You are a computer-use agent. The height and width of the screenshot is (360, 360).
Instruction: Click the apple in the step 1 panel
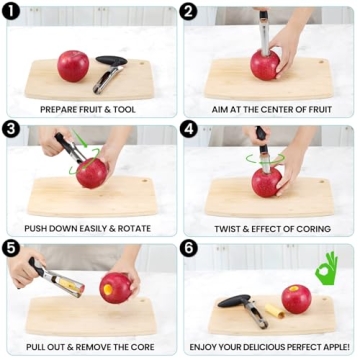(73, 65)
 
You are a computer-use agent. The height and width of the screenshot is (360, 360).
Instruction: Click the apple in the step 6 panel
(296, 299)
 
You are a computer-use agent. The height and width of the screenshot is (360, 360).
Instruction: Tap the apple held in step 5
(116, 287)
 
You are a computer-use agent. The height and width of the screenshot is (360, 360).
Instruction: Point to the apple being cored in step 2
(265, 65)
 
